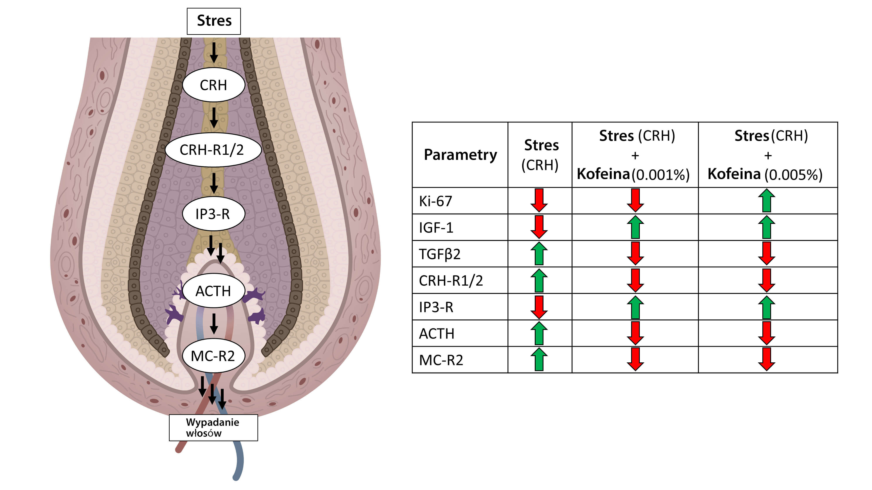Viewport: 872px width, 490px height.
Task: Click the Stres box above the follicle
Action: point(214,21)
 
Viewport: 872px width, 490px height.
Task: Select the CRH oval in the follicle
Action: point(213,85)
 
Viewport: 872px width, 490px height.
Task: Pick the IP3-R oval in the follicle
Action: point(213,214)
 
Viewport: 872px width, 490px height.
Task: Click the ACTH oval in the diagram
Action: point(213,291)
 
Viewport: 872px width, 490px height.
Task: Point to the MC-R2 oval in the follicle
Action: point(213,356)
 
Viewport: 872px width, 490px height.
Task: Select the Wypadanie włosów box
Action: point(213,427)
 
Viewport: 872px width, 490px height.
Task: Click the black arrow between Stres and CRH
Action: point(214,53)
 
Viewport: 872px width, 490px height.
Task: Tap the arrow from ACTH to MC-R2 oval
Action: point(214,324)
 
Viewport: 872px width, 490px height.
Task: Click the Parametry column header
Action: point(460,155)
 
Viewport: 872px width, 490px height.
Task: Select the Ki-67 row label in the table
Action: point(436,201)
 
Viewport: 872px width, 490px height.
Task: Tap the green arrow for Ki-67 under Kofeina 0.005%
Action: point(766,201)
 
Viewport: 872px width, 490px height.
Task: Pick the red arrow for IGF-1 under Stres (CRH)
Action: point(539,227)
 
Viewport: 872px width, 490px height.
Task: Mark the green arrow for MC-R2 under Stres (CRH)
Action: point(539,360)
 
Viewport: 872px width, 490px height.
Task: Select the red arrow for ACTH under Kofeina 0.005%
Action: point(766,333)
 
